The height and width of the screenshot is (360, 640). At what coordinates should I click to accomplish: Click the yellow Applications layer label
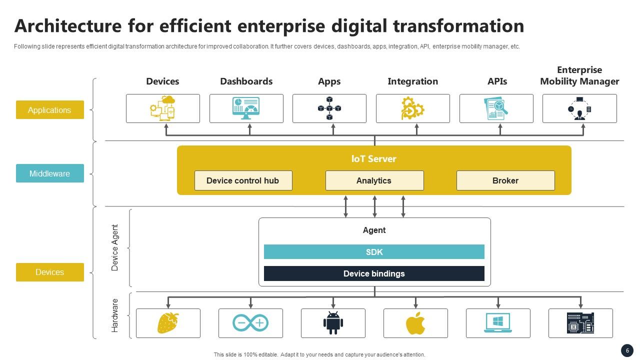(49, 110)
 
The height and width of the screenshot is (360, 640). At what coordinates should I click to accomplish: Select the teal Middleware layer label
(49, 173)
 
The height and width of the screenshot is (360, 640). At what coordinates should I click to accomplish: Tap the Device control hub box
(243, 180)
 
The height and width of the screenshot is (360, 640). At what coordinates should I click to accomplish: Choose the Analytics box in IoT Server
(374, 180)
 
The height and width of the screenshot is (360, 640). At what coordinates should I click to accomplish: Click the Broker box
(505, 180)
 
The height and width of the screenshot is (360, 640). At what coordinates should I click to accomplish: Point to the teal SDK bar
(374, 252)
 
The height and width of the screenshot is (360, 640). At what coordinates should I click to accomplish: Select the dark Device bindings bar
(374, 273)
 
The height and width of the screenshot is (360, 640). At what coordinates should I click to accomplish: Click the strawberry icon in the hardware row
(168, 323)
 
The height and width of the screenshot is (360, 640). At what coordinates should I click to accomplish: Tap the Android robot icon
(333, 323)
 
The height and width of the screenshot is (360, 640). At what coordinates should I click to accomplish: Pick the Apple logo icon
(415, 323)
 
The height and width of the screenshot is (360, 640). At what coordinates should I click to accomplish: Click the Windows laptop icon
(498, 323)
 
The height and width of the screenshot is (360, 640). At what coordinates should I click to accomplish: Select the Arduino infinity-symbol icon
(250, 323)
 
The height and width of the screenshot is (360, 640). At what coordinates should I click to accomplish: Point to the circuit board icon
(580, 323)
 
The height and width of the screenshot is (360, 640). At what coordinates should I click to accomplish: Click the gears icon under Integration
(412, 108)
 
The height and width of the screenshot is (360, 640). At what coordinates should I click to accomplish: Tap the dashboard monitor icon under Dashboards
(246, 108)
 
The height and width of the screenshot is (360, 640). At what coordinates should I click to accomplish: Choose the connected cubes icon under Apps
(329, 108)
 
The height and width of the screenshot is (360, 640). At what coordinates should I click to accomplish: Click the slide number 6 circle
(627, 350)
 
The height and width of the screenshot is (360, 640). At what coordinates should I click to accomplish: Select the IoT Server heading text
(374, 159)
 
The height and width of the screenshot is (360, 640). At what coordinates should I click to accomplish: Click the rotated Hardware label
(115, 315)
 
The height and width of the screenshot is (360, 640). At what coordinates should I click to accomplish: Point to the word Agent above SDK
(374, 230)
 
